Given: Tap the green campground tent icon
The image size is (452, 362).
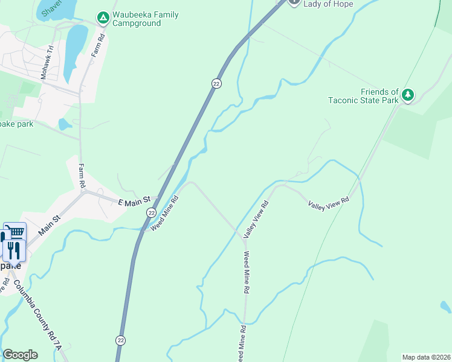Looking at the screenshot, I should click(x=103, y=19).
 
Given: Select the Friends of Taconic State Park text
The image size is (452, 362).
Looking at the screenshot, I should click(x=363, y=96).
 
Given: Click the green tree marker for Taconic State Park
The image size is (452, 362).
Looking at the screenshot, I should click(x=408, y=95).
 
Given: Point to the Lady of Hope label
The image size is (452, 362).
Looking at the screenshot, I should click(x=328, y=4).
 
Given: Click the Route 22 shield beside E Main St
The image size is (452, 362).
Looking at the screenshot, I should click(x=151, y=213).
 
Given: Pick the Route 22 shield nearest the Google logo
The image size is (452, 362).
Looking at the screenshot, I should click(x=121, y=340).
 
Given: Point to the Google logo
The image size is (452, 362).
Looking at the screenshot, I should click(x=20, y=355).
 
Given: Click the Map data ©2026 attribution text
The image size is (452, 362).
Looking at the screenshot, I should click(x=426, y=357).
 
